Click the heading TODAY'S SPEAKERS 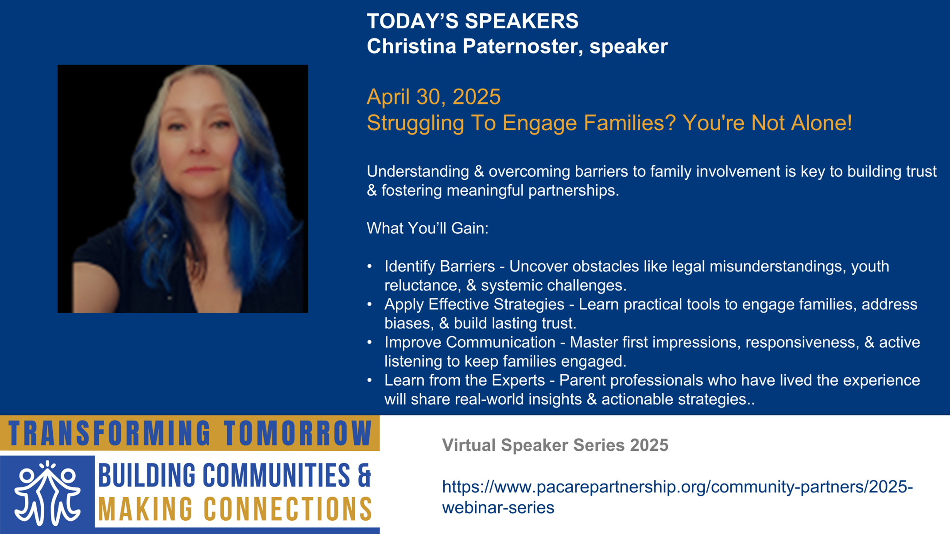(x=473, y=21)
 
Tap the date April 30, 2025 (x=434, y=97)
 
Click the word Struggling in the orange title (x=415, y=123)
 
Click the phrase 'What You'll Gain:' (x=427, y=228)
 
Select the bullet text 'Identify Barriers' (x=439, y=266)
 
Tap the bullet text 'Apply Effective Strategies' (x=474, y=304)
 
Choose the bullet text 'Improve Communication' (x=470, y=342)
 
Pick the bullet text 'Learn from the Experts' (x=465, y=380)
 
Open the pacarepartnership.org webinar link (x=677, y=497)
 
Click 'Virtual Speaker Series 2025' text (x=555, y=445)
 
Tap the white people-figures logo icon (x=47, y=493)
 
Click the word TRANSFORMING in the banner (x=110, y=433)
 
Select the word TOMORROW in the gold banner (x=298, y=433)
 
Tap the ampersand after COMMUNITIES (x=364, y=475)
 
